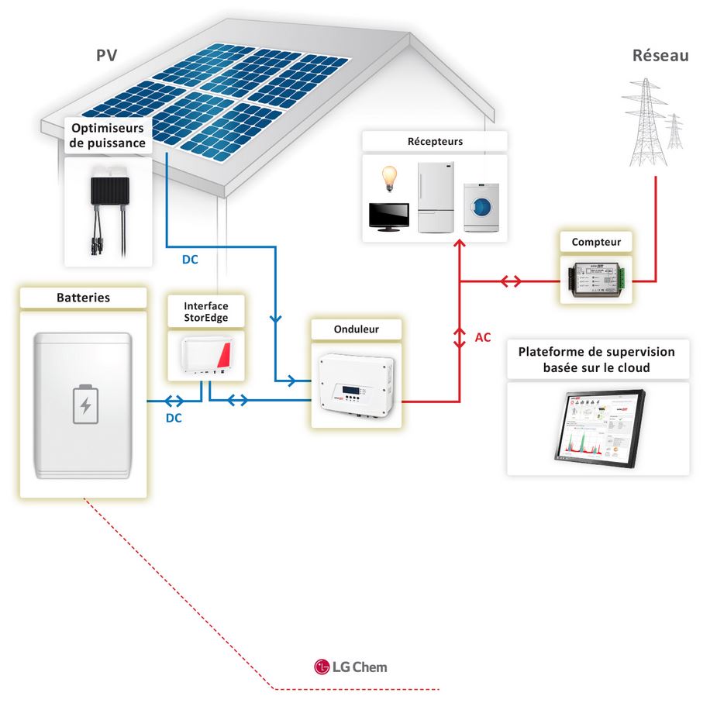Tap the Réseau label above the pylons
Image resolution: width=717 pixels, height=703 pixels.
pos(660,56)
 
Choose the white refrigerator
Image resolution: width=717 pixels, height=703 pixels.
pos(435,198)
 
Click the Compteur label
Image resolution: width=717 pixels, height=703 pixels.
pos(596,243)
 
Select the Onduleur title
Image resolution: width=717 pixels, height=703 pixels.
pos(357,329)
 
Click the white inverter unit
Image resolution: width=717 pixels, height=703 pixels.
pos(358,384)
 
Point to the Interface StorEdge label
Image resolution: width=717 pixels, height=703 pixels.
pos(206,312)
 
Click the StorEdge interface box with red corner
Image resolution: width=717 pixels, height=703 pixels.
pos(206,354)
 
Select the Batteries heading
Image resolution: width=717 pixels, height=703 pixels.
pos(83,298)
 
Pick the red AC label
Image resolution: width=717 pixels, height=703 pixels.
pos(482,338)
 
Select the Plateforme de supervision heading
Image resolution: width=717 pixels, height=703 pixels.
pos(596,360)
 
